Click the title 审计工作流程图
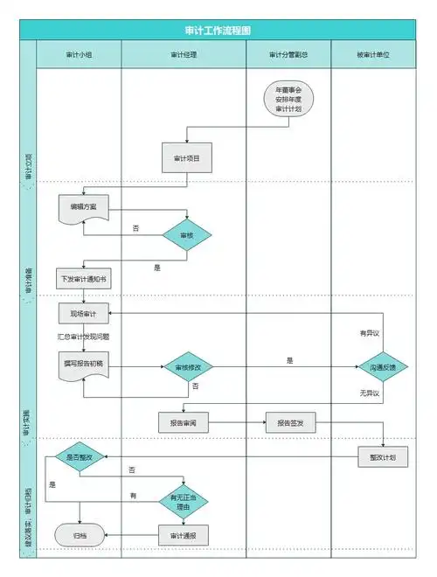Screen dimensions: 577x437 218,30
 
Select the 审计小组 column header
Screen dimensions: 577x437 80,54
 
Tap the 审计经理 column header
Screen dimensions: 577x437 184,54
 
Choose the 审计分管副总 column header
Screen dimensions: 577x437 288,54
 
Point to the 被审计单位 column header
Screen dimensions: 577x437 373,54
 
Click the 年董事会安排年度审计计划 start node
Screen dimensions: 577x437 288,101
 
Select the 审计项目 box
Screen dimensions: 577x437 186,157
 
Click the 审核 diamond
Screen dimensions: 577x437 187,235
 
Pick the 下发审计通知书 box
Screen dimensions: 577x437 83,280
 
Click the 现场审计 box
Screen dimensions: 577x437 83,313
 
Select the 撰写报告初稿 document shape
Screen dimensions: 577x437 83,364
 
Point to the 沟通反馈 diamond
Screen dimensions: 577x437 382,369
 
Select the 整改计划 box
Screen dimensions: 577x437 383,457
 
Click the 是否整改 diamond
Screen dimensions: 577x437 80,457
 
